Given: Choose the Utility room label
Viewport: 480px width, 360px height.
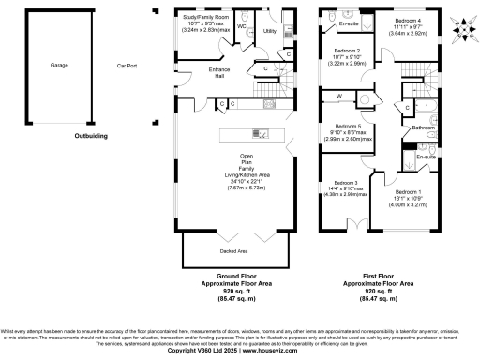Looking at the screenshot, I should click(x=270, y=31).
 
